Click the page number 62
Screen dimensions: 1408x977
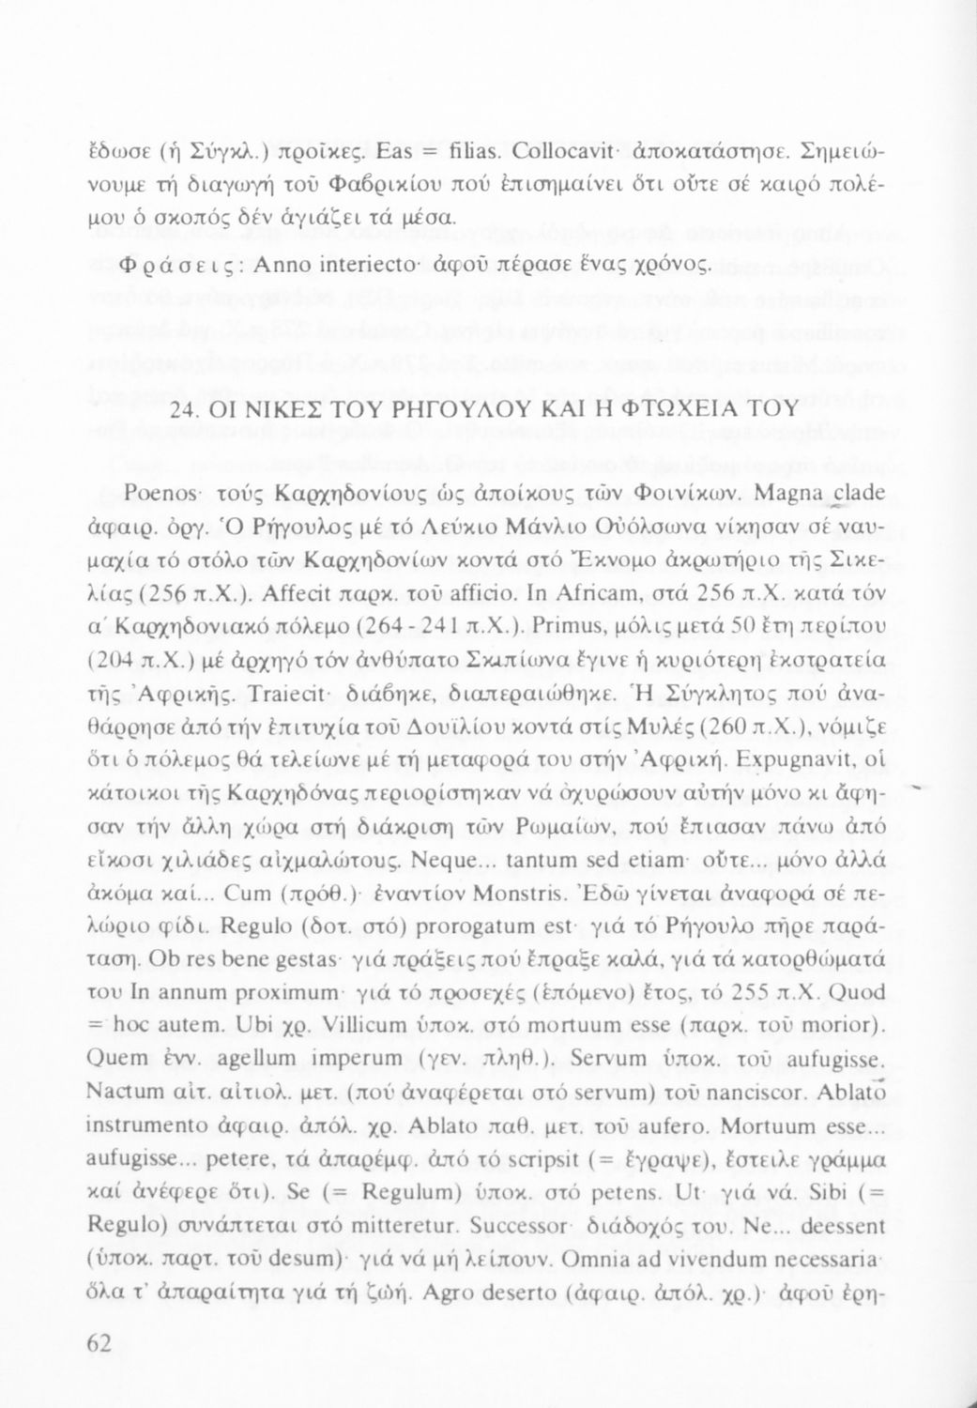[99, 1344]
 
